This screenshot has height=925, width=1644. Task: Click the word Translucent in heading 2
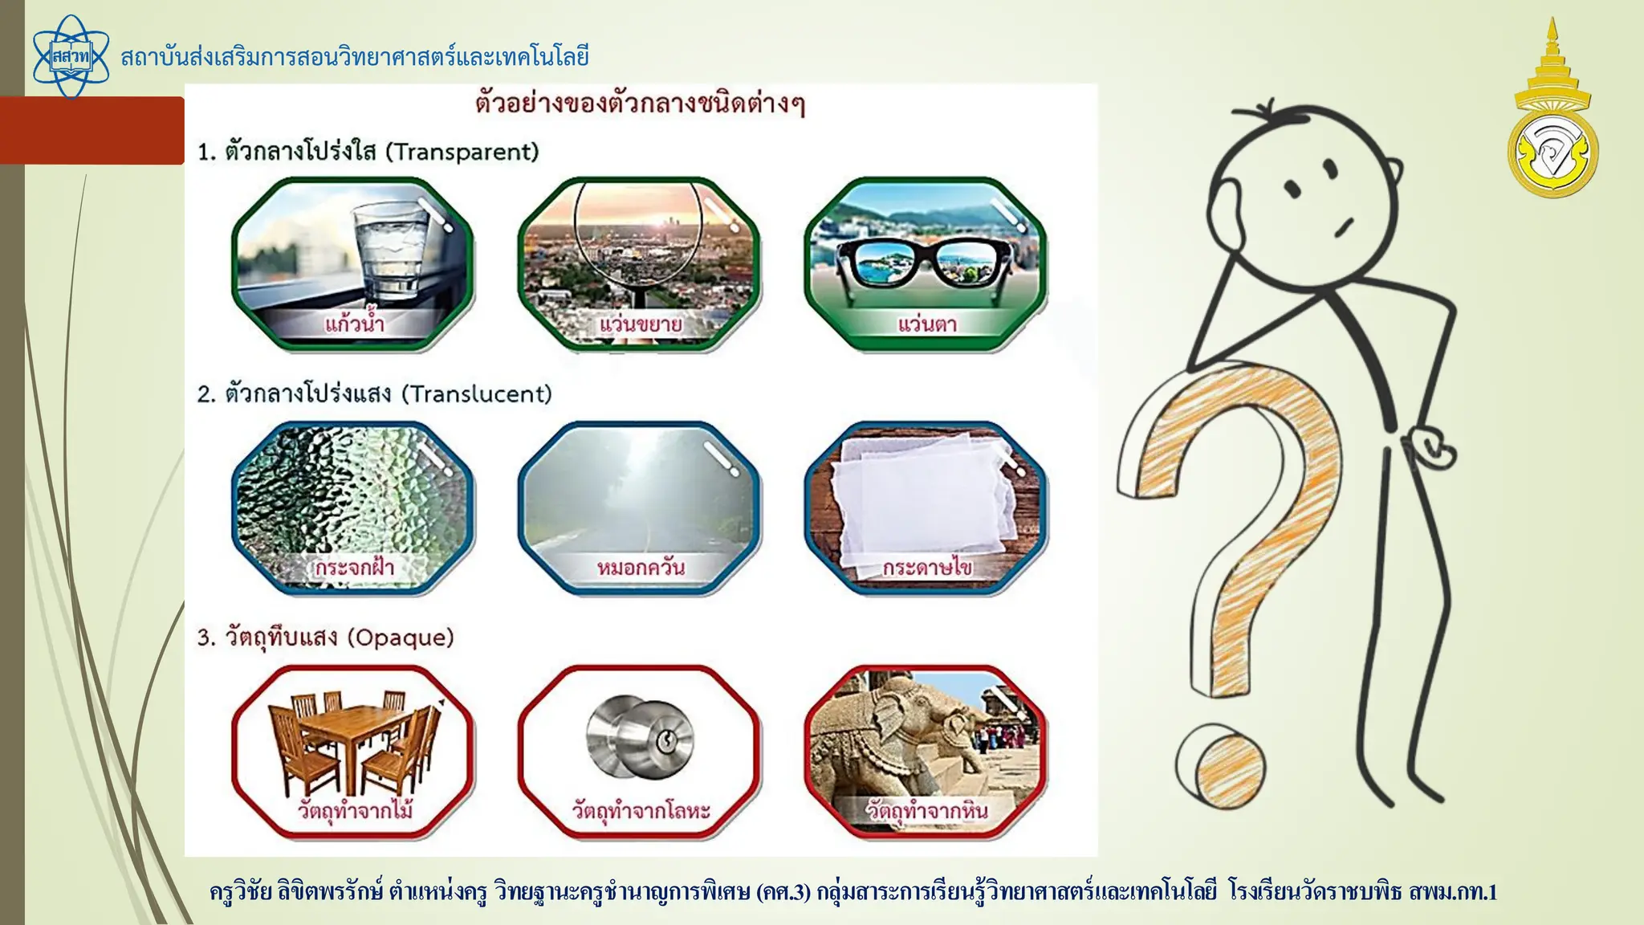477,394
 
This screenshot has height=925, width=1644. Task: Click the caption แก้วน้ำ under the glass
354,324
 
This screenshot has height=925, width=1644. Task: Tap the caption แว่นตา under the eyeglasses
926,324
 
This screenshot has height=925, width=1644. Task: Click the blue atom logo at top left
71,56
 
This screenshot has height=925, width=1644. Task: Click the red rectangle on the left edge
92,130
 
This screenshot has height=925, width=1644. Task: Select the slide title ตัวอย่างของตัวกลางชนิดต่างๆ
640,104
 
